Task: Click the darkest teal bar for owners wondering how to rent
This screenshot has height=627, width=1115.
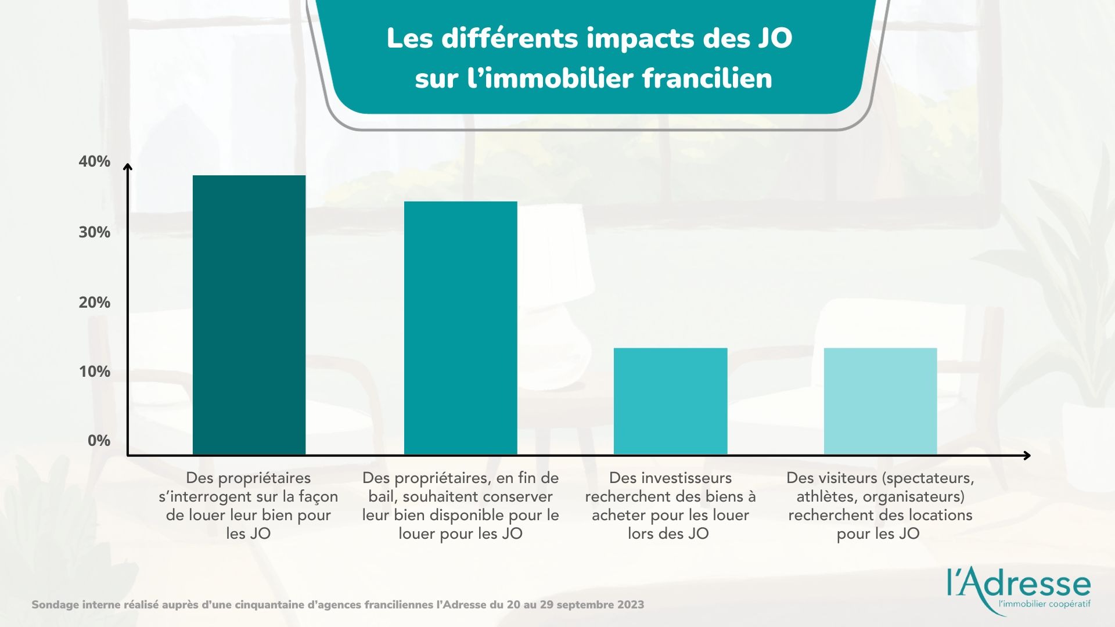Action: (x=249, y=314)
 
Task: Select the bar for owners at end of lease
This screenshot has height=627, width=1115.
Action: (x=461, y=327)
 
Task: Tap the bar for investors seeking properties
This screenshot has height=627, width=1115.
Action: (x=670, y=401)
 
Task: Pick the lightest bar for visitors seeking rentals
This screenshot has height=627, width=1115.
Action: (x=880, y=401)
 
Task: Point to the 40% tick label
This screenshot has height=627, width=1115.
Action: (x=95, y=161)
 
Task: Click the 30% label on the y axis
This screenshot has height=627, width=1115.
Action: (x=95, y=232)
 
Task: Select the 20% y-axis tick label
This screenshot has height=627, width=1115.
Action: (x=95, y=302)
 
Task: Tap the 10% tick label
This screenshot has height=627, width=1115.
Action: (x=95, y=372)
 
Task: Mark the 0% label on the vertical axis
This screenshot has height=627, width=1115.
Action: (x=99, y=441)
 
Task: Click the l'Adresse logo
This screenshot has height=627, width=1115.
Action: (x=1019, y=583)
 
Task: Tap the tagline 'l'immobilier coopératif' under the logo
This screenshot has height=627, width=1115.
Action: (x=1043, y=604)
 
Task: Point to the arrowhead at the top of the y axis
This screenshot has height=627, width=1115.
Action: (x=128, y=168)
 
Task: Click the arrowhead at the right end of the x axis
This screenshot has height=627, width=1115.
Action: (x=1027, y=455)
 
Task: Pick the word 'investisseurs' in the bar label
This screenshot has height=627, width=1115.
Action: (x=670, y=478)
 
